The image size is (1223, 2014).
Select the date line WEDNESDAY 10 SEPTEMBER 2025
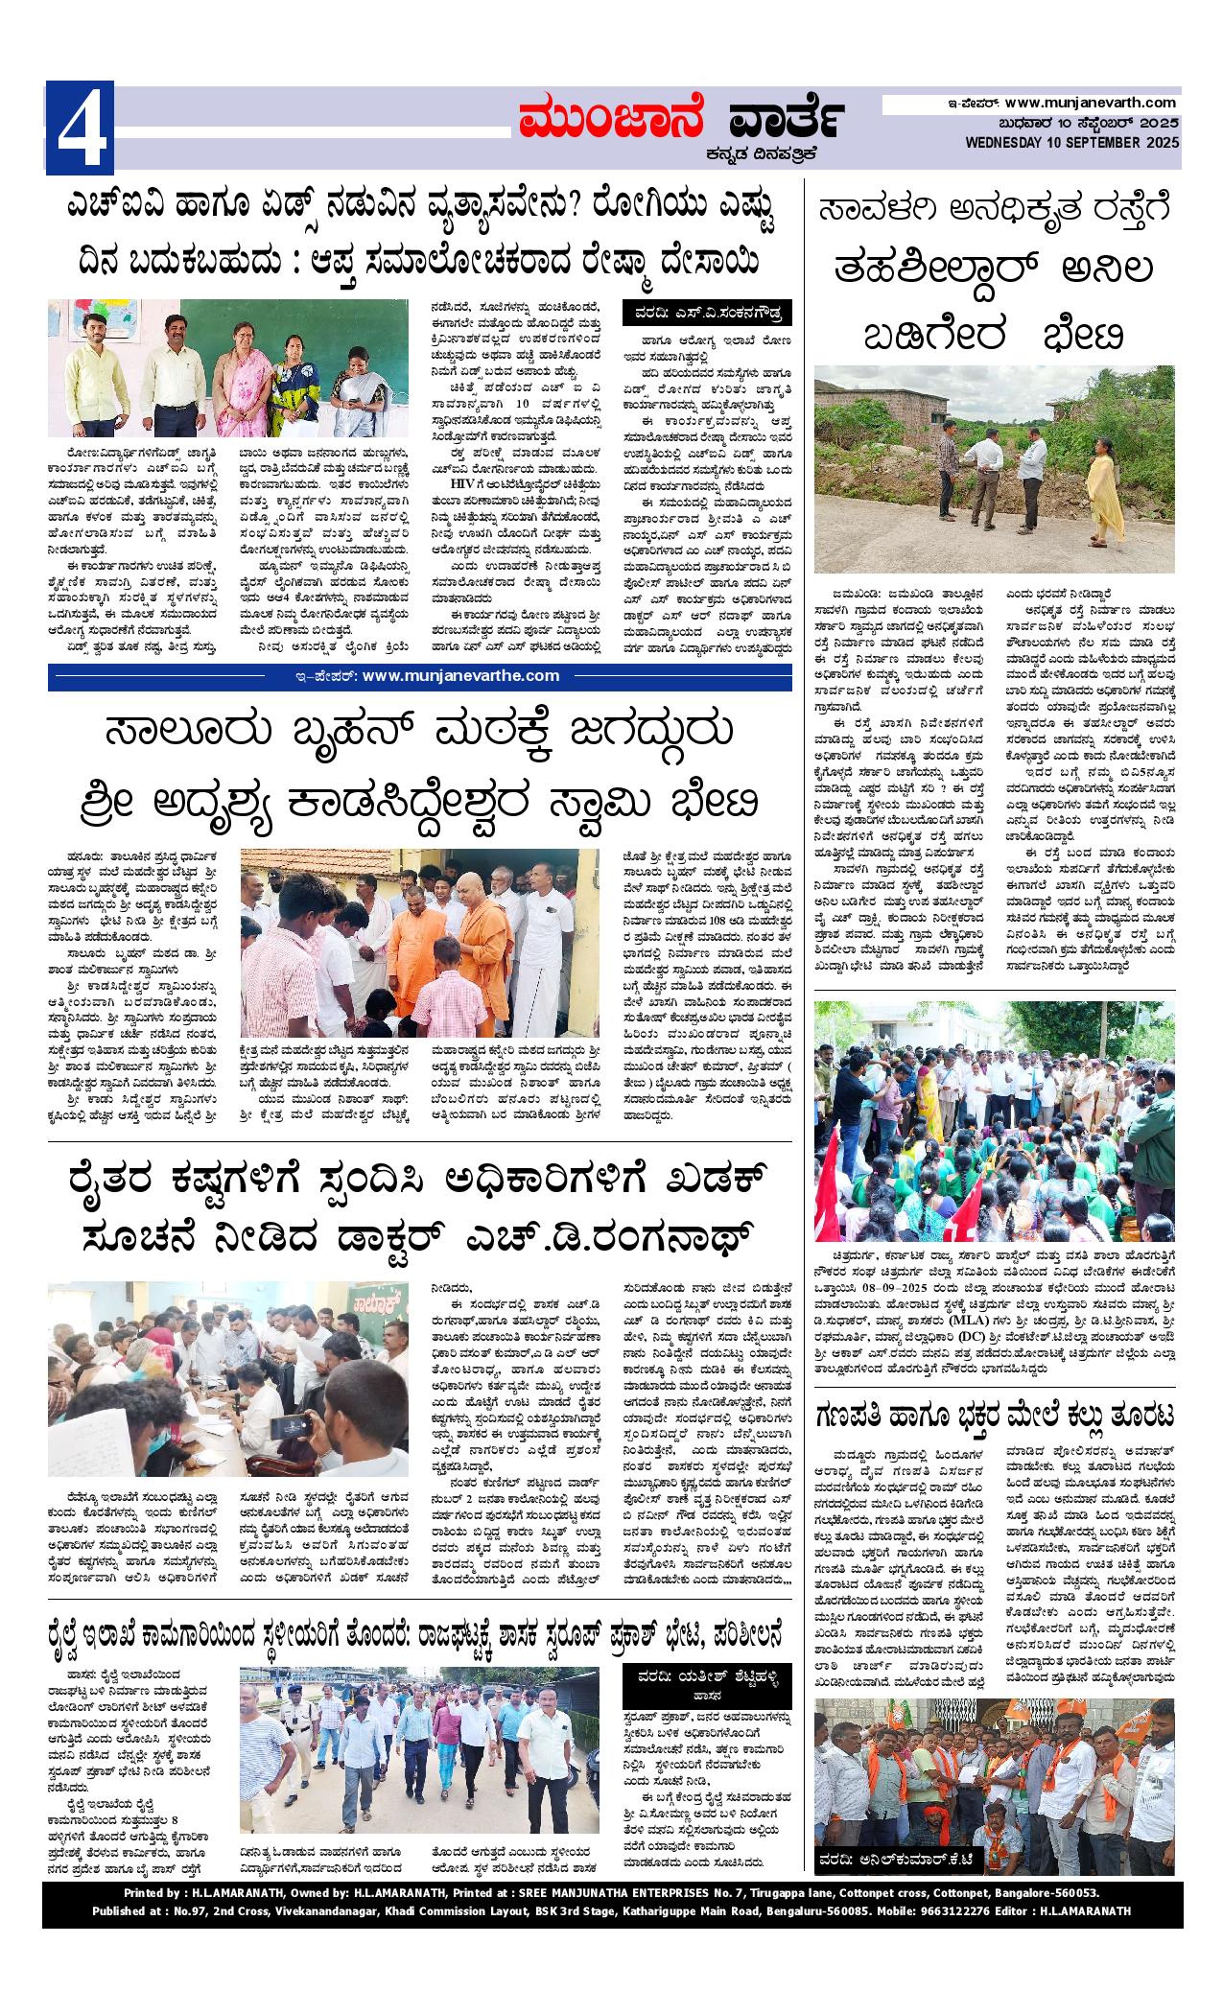1072,143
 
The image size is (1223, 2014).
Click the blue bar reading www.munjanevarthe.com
420,675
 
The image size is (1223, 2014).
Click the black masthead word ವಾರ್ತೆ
784,121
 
